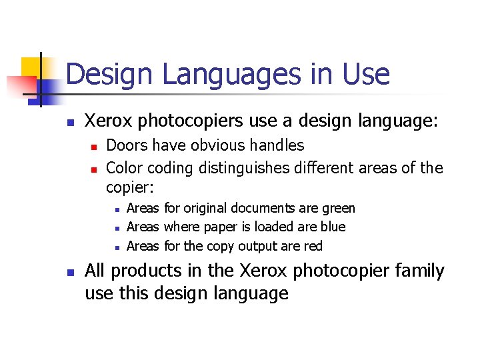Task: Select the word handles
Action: (x=277, y=145)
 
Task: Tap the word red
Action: (x=313, y=246)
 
